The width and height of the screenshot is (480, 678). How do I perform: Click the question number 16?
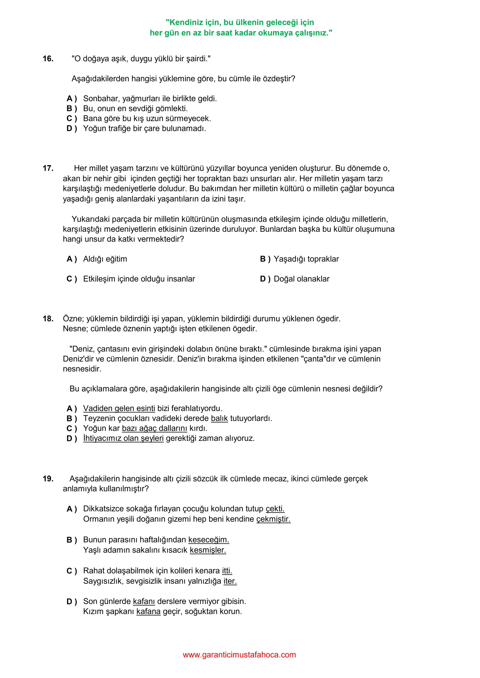[48, 58]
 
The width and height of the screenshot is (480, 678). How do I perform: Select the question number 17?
[48, 168]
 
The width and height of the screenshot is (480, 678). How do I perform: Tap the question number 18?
[48, 319]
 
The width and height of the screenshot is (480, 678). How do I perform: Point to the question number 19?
[48, 479]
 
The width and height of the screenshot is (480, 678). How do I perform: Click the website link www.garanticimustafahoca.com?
[239, 655]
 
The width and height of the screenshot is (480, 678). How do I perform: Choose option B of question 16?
[72, 109]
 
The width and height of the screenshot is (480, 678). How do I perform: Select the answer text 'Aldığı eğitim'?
[105, 259]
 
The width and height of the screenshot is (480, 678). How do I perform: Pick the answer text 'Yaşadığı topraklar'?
[306, 259]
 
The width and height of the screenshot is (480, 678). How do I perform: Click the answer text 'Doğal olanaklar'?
[301, 279]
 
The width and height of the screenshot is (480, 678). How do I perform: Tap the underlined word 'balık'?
[219, 418]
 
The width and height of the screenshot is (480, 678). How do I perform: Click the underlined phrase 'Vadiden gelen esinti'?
[119, 409]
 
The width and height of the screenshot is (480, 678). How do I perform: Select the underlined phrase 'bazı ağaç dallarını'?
[154, 428]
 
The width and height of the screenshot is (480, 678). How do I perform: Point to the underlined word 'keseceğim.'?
[208, 540]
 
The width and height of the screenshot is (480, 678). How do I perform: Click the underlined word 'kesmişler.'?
[208, 550]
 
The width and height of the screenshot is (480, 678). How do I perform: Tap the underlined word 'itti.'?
[227, 571]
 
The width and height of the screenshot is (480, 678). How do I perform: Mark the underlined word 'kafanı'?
[144, 601]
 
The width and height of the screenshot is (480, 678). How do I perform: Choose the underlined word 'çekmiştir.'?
[273, 519]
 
